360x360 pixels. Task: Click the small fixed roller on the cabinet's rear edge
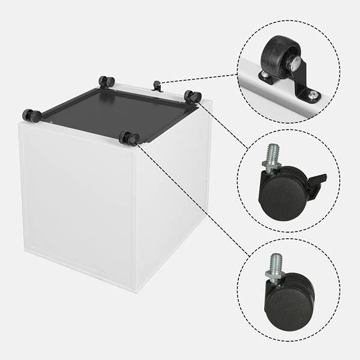(x=157, y=86)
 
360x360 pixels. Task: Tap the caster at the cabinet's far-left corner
(x=31, y=115)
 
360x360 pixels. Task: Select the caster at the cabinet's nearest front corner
(x=129, y=139)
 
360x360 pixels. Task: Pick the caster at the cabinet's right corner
(x=193, y=97)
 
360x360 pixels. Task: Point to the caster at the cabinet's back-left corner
(x=107, y=82)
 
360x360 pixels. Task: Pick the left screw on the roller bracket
(x=265, y=74)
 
